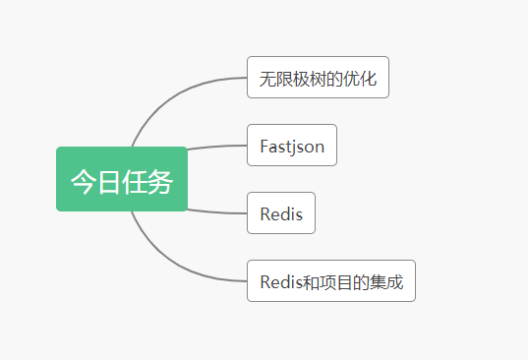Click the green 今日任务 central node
121,179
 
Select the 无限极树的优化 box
318,78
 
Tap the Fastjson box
292,146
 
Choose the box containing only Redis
281,213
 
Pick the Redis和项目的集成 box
331,281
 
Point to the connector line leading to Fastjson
216,147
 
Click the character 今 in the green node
83,181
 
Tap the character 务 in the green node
160,181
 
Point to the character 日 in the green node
108,181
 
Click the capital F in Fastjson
264,147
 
